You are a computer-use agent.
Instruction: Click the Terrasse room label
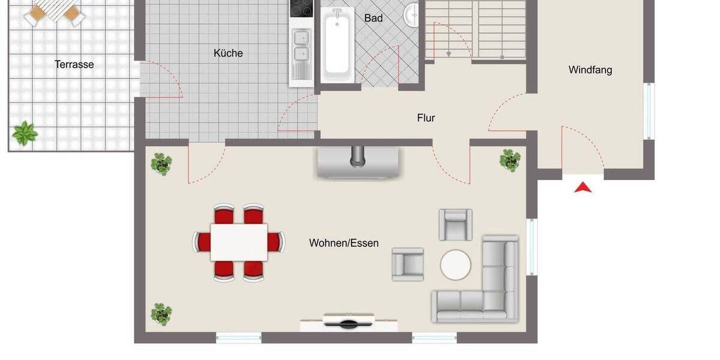pyautogui.click(x=74, y=64)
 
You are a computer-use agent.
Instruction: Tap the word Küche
pyautogui.click(x=228, y=53)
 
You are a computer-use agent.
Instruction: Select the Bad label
pyautogui.click(x=373, y=18)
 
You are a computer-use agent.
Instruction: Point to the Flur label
pyautogui.click(x=426, y=118)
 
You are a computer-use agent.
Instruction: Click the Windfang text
pyautogui.click(x=590, y=70)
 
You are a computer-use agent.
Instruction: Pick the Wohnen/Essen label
pyautogui.click(x=344, y=243)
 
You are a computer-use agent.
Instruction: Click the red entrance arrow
pyautogui.click(x=583, y=188)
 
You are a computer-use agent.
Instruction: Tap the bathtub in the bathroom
pyautogui.click(x=337, y=45)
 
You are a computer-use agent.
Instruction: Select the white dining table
pyautogui.click(x=239, y=242)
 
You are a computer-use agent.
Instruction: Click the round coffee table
pyautogui.click(x=455, y=265)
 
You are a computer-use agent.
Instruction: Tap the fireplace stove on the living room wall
pyautogui.click(x=358, y=161)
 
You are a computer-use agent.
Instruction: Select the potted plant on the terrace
pyautogui.click(x=25, y=133)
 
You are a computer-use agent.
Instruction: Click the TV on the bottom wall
pyautogui.click(x=349, y=322)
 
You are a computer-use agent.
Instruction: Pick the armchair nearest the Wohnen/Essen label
pyautogui.click(x=407, y=264)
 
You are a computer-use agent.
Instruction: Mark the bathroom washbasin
pyautogui.click(x=411, y=15)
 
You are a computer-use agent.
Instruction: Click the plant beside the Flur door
pyautogui.click(x=510, y=160)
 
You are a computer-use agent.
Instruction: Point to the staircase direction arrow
pyautogui.click(x=449, y=53)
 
